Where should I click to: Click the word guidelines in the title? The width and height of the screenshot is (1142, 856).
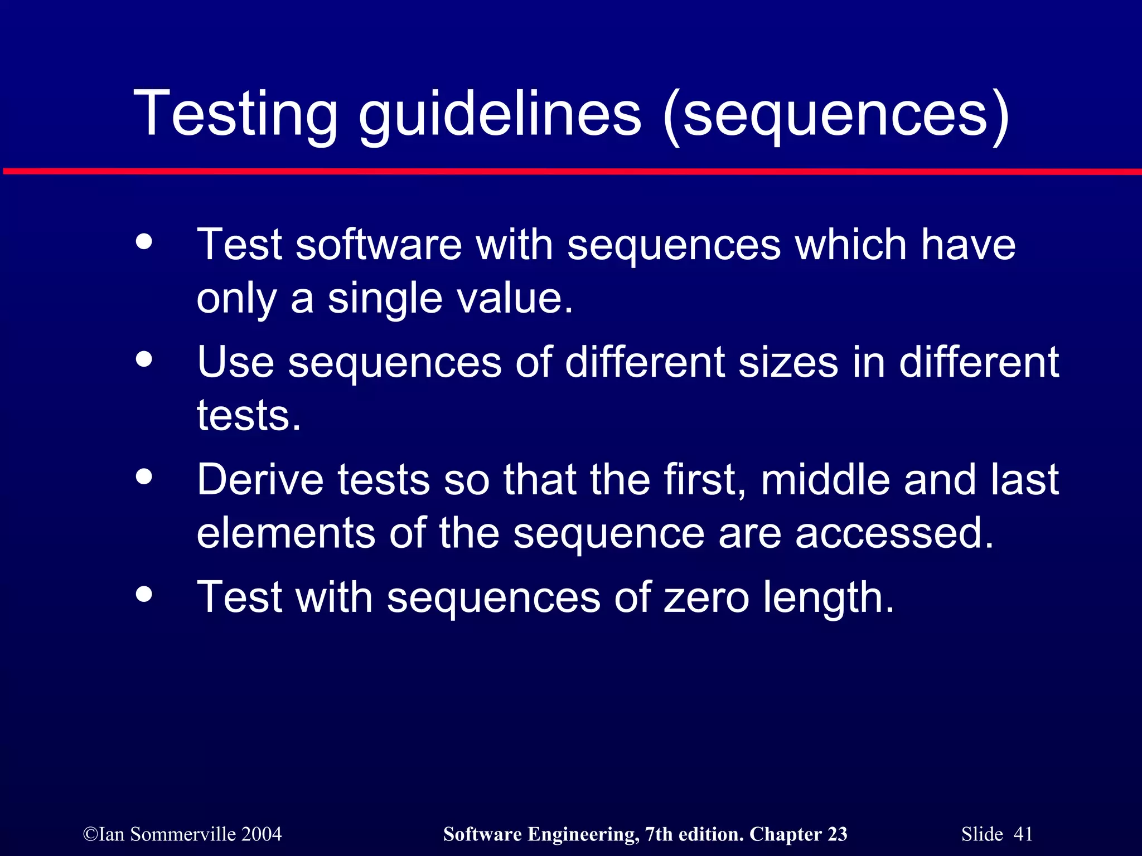pyautogui.click(x=500, y=114)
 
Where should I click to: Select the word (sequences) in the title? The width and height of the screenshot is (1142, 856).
pyautogui.click(x=836, y=114)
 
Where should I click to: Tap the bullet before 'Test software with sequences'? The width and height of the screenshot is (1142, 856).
pyautogui.click(x=144, y=242)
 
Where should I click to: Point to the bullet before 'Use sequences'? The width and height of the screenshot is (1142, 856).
pyautogui.click(x=144, y=359)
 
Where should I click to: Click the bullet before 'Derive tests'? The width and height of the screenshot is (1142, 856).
pyautogui.click(x=144, y=477)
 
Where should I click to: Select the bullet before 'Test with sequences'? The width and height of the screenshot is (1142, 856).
pyautogui.click(x=144, y=594)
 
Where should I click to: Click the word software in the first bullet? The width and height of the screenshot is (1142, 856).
pyautogui.click(x=379, y=245)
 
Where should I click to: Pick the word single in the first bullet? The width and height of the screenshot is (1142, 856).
pyautogui.click(x=385, y=299)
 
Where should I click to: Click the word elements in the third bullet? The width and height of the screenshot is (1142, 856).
pyautogui.click(x=285, y=533)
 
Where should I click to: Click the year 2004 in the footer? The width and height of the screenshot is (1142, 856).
pyautogui.click(x=262, y=834)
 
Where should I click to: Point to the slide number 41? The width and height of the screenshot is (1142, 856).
pyautogui.click(x=1023, y=834)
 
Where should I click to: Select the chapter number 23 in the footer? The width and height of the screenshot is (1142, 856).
pyautogui.click(x=836, y=834)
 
